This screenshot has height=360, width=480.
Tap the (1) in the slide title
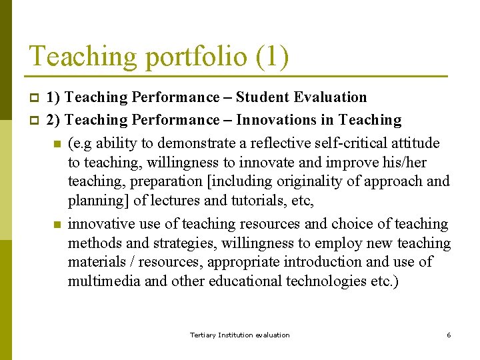point(272,57)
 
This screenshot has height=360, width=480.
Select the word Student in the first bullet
point(267,97)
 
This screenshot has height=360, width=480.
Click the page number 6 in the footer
point(449,335)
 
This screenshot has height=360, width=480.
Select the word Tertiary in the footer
point(203,335)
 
